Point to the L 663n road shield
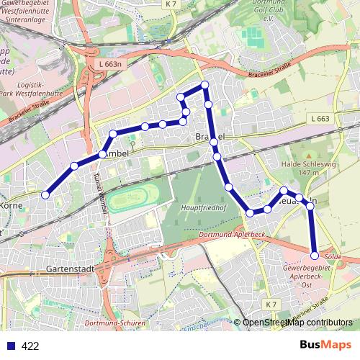[x=107, y=64]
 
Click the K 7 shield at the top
[x=169, y=4]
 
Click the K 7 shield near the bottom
[x=271, y=305]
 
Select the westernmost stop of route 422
[x=45, y=194]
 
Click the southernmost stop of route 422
[x=314, y=256]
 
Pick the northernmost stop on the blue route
[x=205, y=85]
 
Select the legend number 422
[x=30, y=346]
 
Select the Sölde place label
[x=333, y=256]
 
